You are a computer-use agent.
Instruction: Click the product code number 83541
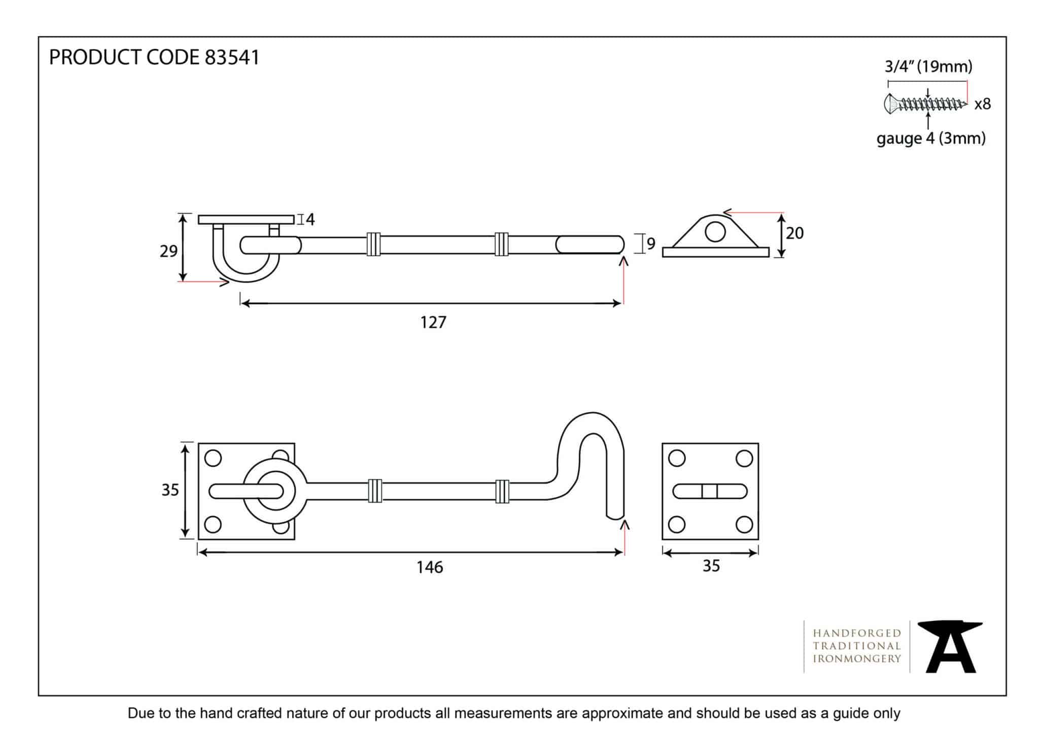pyautogui.click(x=232, y=57)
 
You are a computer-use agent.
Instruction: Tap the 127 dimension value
pyautogui.click(x=433, y=322)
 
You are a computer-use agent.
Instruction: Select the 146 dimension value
pyautogui.click(x=430, y=567)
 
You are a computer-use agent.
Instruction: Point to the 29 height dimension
pyautogui.click(x=168, y=251)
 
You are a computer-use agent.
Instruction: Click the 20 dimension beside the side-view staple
pyautogui.click(x=794, y=233)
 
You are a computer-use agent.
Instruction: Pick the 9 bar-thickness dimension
pyautogui.click(x=651, y=244)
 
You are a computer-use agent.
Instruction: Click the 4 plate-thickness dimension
pyautogui.click(x=310, y=220)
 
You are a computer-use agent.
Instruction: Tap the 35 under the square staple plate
pyautogui.click(x=711, y=566)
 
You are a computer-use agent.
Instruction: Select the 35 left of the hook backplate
pyautogui.click(x=170, y=490)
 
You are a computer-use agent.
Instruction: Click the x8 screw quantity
pyautogui.click(x=982, y=104)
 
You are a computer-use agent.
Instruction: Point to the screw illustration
pyautogui.click(x=924, y=104)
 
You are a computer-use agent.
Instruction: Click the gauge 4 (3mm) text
pyautogui.click(x=930, y=138)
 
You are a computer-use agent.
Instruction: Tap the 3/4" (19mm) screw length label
pyautogui.click(x=928, y=66)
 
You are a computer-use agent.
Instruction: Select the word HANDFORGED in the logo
pyautogui.click(x=856, y=633)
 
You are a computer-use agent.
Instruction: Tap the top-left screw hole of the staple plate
pyautogui.click(x=677, y=459)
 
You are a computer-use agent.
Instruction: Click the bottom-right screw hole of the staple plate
pyautogui.click(x=744, y=524)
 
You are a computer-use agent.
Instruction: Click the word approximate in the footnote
pyautogui.click(x=627, y=713)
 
